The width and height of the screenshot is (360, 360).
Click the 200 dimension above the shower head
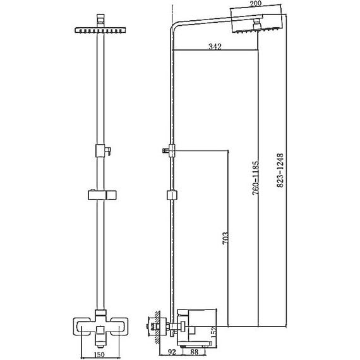[x=256, y=4]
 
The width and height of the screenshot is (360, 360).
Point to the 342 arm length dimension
[x=215, y=47]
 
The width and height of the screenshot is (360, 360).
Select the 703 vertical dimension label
[x=225, y=238]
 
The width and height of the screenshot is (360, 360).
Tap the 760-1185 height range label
[x=256, y=178]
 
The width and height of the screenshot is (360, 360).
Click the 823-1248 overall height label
[x=280, y=171]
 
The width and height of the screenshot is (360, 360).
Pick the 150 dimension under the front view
[x=99, y=354]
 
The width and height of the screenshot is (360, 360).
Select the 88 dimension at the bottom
[x=195, y=352]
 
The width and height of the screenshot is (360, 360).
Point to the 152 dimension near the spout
[x=213, y=332]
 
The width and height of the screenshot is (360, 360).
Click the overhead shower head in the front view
[x=100, y=30]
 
